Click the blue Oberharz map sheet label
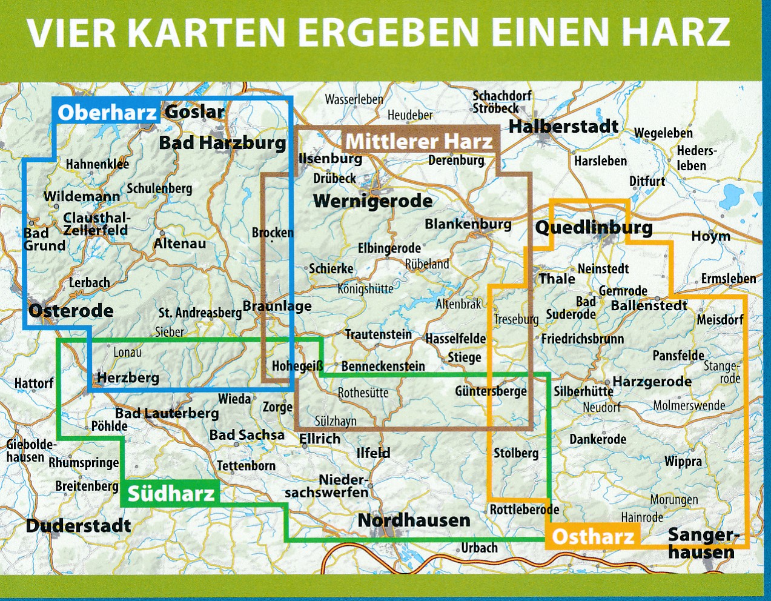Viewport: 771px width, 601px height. (107, 112)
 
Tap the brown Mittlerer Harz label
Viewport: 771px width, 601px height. (419, 142)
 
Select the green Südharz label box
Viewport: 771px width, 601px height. (171, 493)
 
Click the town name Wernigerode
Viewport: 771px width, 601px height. (372, 201)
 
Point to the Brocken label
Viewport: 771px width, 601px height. (273, 233)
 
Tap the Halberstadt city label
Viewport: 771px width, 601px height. (563, 126)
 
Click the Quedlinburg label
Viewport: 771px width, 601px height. (594, 228)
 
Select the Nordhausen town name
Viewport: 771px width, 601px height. (414, 520)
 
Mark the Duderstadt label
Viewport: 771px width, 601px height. (78, 525)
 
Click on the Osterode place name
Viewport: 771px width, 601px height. (71, 311)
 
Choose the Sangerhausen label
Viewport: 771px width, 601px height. (703, 543)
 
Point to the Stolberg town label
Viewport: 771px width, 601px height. (515, 453)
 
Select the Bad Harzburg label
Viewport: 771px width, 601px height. (222, 143)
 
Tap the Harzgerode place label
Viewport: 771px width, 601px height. (652, 381)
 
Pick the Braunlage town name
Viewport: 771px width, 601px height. (277, 306)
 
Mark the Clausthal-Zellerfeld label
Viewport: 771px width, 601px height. (96, 224)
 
